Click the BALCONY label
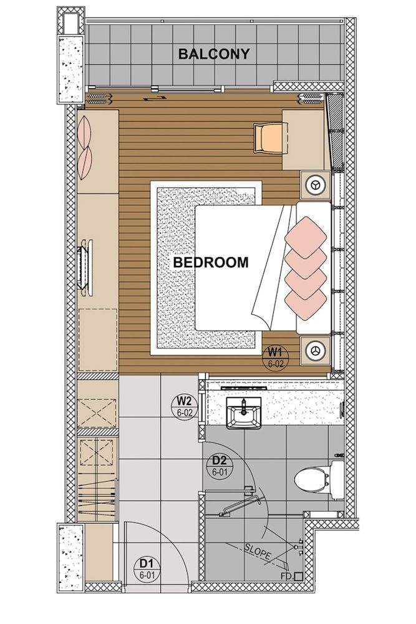[x=214, y=54]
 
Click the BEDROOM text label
[x=211, y=263]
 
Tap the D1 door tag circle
[x=147, y=570]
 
